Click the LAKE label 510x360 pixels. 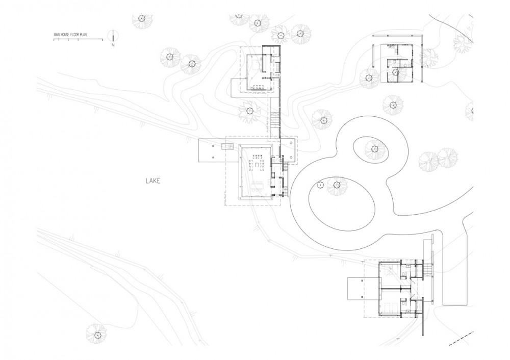153,181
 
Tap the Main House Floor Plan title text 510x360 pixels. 71,34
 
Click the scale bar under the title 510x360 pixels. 78,39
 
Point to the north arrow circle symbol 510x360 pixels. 113,35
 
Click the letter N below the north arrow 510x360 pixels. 113,45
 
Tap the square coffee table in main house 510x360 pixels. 257,165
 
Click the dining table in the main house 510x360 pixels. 257,186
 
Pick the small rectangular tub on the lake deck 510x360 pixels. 227,146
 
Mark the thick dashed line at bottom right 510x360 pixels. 461,339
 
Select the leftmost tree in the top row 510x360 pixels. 142,19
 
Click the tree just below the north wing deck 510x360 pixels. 249,110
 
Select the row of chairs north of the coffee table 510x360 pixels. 257,156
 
